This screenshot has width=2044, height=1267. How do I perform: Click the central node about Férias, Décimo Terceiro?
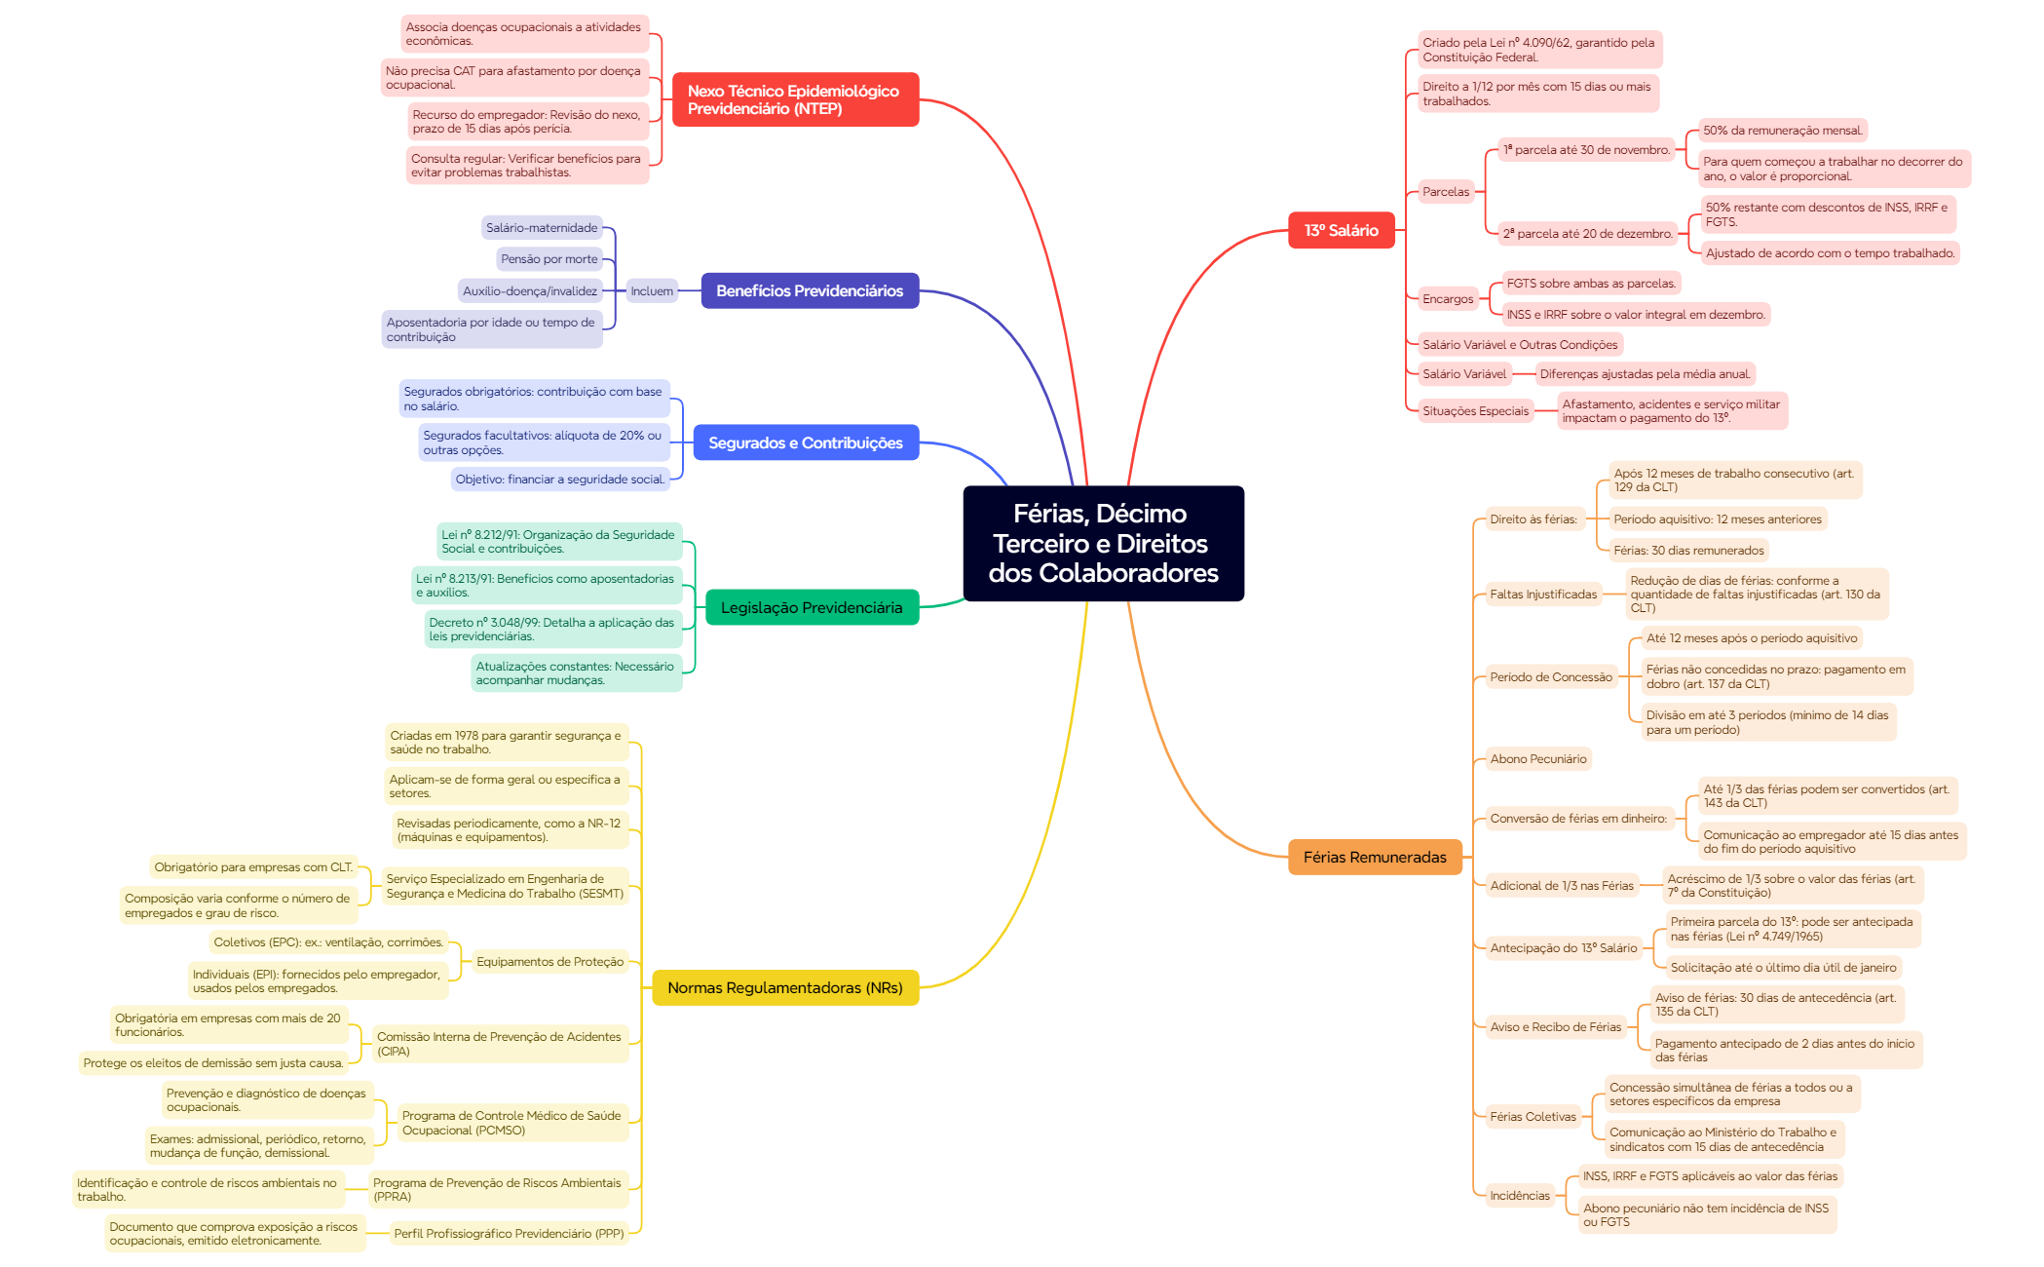pos(1103,543)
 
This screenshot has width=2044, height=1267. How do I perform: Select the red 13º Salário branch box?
pos(1341,231)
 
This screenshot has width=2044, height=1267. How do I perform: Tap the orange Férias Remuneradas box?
pos(1375,858)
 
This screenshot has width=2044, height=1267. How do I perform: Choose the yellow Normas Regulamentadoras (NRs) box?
pos(785,987)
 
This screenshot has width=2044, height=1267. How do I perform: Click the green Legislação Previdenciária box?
pos(812,607)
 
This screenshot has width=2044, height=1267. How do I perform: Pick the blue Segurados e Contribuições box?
pos(806,442)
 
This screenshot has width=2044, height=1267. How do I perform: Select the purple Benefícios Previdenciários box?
pos(810,290)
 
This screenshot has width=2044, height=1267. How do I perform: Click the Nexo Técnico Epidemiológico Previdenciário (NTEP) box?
pos(795,99)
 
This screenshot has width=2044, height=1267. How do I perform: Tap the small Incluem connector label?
pos(651,290)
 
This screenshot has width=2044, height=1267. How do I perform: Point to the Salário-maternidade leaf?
pos(542,228)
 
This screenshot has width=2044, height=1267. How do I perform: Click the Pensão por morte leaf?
pos(549,259)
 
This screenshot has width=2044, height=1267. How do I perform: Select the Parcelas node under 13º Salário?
pos(1446,192)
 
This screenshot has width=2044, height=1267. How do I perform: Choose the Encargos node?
pos(1448,299)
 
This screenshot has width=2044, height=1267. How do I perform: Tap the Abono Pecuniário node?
pos(1538,759)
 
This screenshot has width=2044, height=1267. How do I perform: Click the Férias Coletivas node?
pos(1533,1117)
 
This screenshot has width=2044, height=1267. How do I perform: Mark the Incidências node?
pos(1520,1196)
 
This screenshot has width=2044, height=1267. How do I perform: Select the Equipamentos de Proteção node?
pos(549,962)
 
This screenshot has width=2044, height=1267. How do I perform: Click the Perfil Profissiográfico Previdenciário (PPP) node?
pos(509,1234)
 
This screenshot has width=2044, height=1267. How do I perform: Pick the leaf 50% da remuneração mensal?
pos(1783,131)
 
